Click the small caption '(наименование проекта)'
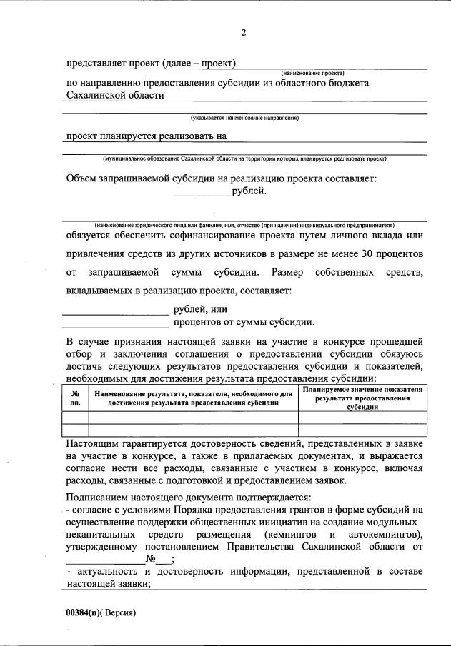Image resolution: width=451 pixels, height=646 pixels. click(x=312, y=73)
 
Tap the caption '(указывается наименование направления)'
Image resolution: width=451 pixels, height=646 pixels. click(x=244, y=118)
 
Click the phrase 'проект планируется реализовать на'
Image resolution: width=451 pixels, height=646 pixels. click(x=146, y=136)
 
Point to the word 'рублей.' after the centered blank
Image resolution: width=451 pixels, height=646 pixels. click(x=249, y=191)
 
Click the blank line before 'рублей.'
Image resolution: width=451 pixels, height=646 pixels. click(x=203, y=193)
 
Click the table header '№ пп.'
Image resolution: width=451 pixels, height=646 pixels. click(x=76, y=398)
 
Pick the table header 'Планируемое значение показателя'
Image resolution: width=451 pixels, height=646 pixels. click(x=362, y=398)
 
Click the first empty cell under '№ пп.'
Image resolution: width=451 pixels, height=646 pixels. click(x=76, y=418)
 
